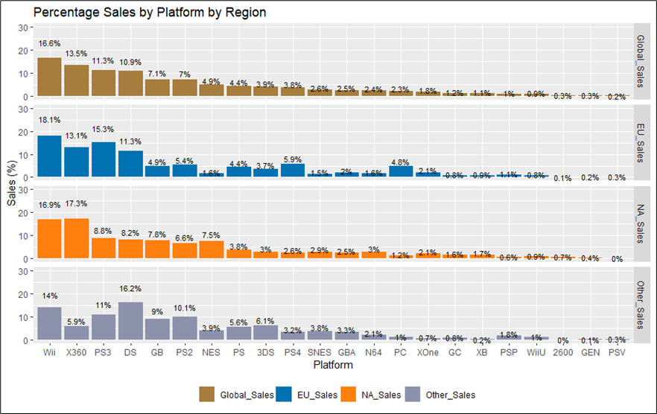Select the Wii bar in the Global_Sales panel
coord(49,77)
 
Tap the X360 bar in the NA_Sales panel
coord(76,238)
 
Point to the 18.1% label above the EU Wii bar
coord(49,119)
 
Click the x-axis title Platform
coord(333,366)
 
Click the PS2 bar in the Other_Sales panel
coord(184,328)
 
